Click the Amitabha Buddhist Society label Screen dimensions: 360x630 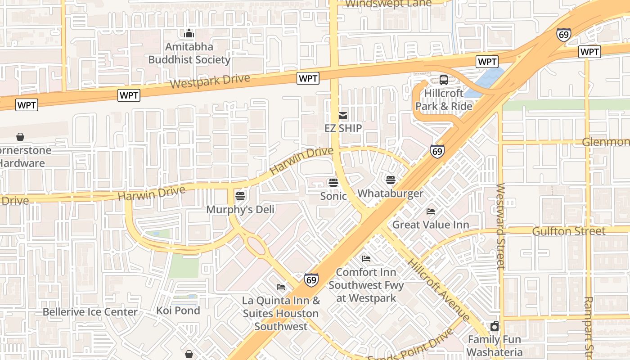pos(189,53)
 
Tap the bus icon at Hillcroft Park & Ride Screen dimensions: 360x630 pos(444,80)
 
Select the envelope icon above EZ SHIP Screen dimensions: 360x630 pos(343,116)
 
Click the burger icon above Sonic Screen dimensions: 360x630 pos(333,182)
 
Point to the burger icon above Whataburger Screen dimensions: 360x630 pos(390,180)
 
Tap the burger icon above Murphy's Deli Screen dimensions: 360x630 pos(240,196)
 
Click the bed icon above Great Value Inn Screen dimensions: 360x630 pos(431,211)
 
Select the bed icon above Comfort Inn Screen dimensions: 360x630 pos(366,259)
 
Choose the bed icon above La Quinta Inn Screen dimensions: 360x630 pos(281,287)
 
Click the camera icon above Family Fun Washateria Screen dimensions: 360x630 pos(495,326)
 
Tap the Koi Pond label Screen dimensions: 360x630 pos(178,310)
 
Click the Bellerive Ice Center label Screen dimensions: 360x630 pos(90,312)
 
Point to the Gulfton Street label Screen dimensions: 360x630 pos(568,231)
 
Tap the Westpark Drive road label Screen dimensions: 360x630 pos(210,82)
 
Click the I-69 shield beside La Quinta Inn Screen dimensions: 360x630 pos(311,280)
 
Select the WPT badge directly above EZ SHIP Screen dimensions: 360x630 pos(308,79)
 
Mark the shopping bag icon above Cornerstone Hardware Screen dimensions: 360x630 pos(20,136)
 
